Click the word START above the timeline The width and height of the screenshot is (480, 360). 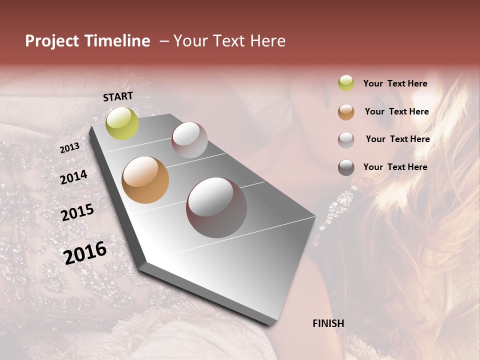click(118, 96)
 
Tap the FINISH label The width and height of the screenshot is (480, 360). click(328, 323)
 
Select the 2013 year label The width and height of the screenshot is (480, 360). click(69, 147)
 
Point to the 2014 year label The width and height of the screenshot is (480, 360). click(73, 177)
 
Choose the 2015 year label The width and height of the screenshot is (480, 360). click(77, 212)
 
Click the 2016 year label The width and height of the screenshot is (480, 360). click(85, 252)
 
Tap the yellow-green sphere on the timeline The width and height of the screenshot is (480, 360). click(122, 123)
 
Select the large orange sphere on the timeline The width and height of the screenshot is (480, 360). click(145, 180)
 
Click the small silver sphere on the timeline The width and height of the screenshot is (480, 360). click(189, 140)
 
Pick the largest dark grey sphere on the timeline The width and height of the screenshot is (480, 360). click(216, 207)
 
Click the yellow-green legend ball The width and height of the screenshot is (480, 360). click(346, 83)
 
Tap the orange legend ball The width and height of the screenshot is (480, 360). click(346, 112)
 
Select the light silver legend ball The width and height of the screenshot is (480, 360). click(346, 140)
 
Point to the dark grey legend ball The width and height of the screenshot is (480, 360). click(346, 167)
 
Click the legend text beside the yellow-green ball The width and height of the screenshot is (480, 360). click(395, 83)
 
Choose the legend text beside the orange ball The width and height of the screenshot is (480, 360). click(396, 111)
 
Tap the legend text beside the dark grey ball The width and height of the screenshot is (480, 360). click(395, 167)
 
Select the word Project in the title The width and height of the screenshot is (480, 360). click(52, 41)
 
